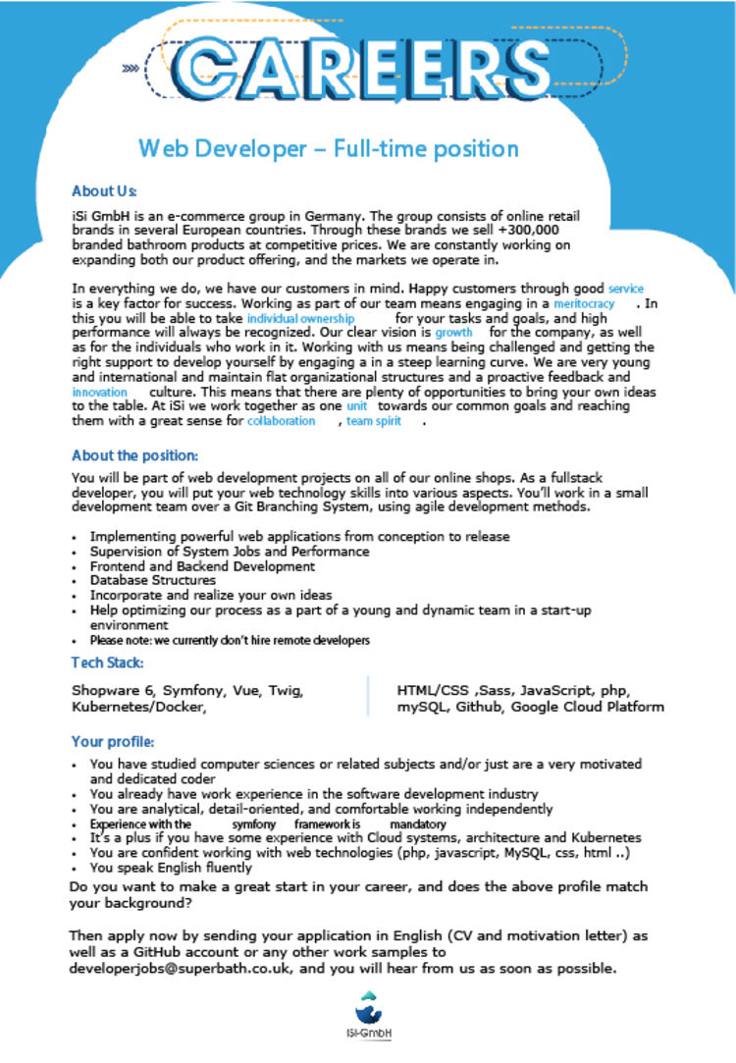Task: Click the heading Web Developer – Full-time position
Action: click(x=328, y=149)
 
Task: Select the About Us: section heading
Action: click(x=104, y=191)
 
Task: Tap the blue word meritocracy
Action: click(x=584, y=304)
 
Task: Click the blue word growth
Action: click(x=453, y=333)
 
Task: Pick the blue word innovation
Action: click(x=100, y=391)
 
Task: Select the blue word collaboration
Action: click(x=281, y=420)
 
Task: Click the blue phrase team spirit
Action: click(x=374, y=420)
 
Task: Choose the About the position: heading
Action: click(x=134, y=455)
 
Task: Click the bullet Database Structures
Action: click(x=152, y=580)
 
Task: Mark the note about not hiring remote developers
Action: click(x=230, y=640)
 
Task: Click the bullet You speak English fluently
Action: click(x=171, y=868)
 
